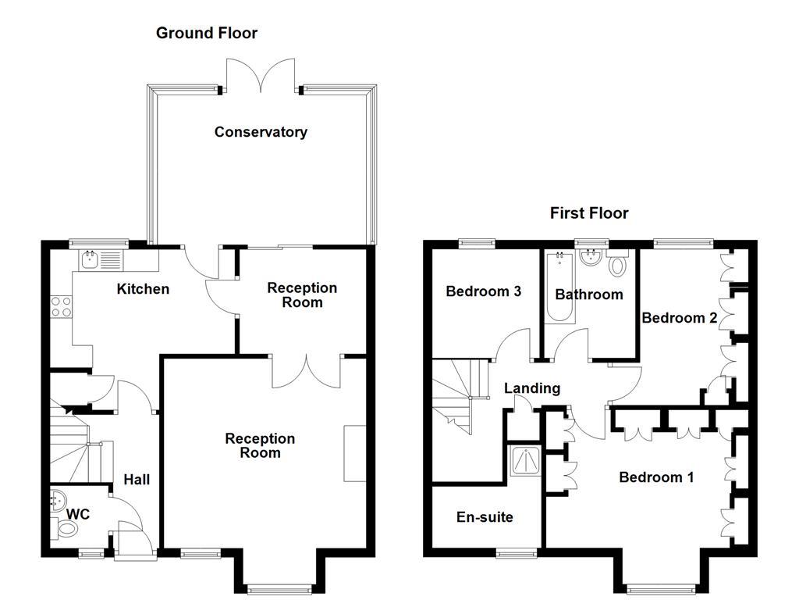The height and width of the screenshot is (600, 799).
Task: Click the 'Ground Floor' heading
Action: pyautogui.click(x=206, y=33)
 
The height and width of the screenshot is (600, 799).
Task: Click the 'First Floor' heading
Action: pyautogui.click(x=589, y=213)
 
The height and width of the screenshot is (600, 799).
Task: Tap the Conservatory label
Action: pyautogui.click(x=261, y=132)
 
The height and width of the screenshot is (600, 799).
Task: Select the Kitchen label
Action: pyautogui.click(x=143, y=289)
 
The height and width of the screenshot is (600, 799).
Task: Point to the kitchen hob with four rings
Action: pyautogui.click(x=61, y=306)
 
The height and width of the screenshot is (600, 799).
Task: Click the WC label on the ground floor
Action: pyautogui.click(x=78, y=514)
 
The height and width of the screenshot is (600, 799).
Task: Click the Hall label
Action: pyautogui.click(x=137, y=480)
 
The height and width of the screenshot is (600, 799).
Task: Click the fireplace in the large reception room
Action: pyautogui.click(x=355, y=453)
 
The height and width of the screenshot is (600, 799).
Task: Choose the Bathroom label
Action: pyautogui.click(x=589, y=295)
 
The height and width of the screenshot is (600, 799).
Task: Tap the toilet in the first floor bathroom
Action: pyautogui.click(x=618, y=265)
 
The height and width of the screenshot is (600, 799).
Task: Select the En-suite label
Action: pyautogui.click(x=485, y=517)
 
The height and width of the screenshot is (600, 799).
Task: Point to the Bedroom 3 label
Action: pyautogui.click(x=483, y=291)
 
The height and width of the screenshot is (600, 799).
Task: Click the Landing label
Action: pyautogui.click(x=531, y=388)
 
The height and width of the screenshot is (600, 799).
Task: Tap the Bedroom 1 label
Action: pyautogui.click(x=655, y=477)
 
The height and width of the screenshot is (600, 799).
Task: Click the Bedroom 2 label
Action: pyautogui.click(x=679, y=318)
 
